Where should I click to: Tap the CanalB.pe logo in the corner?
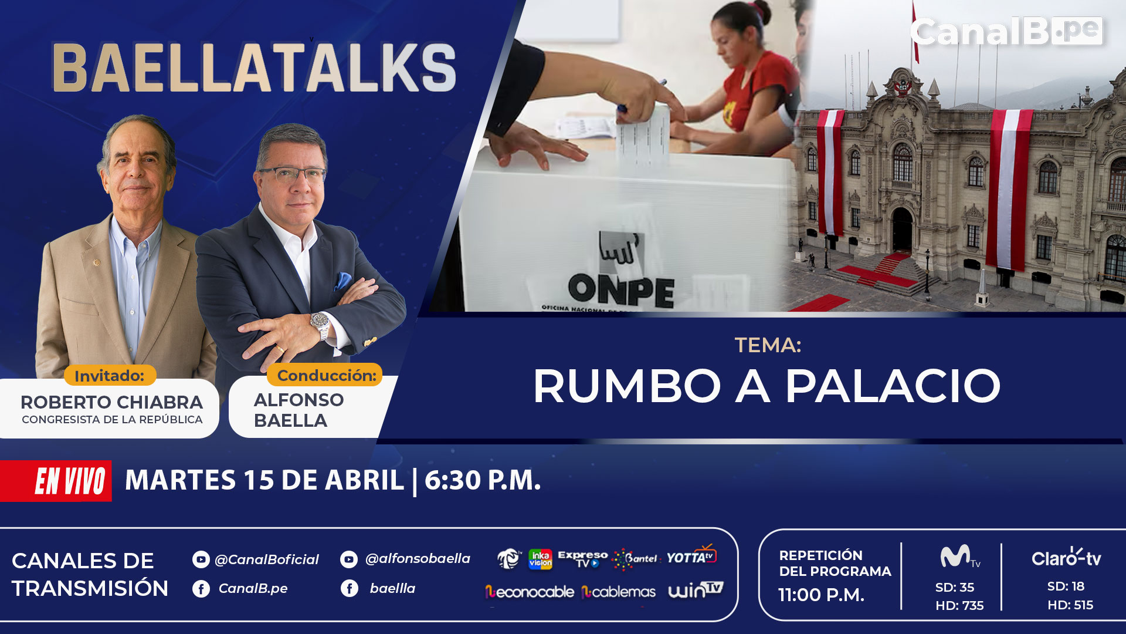pyautogui.click(x=1006, y=31)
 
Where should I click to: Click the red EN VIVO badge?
pyautogui.click(x=56, y=481)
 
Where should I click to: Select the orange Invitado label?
pyautogui.click(x=110, y=375)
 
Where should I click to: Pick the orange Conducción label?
pyautogui.click(x=325, y=375)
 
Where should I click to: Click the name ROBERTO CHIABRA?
pyautogui.click(x=111, y=402)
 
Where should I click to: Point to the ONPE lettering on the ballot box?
pyautogui.click(x=621, y=290)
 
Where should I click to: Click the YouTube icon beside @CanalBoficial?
pyautogui.click(x=201, y=559)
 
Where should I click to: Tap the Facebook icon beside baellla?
pyautogui.click(x=350, y=588)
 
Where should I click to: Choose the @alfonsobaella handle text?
pyautogui.click(x=418, y=558)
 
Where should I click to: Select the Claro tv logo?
pyautogui.click(x=1066, y=558)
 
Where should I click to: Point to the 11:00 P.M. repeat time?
pyautogui.click(x=821, y=595)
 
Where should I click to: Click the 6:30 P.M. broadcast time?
pyautogui.click(x=483, y=480)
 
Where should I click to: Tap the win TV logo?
pyautogui.click(x=696, y=589)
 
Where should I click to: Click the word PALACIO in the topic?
pyautogui.click(x=893, y=386)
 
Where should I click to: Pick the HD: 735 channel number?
pyautogui.click(x=959, y=605)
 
